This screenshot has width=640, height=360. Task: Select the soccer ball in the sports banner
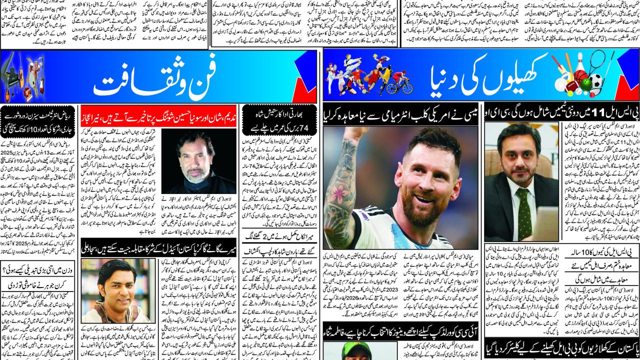click(x=595, y=81)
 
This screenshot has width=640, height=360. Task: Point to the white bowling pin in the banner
click(x=579, y=62)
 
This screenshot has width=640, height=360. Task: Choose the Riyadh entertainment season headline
click(x=37, y=120)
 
